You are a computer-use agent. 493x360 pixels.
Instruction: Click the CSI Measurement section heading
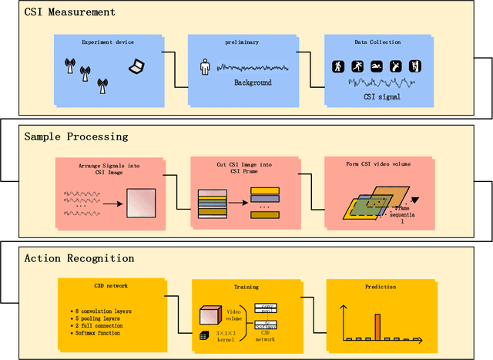tap(69, 12)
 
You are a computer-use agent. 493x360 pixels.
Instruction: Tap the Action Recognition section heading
tap(79, 258)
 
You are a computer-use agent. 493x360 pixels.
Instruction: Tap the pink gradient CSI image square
tap(142, 204)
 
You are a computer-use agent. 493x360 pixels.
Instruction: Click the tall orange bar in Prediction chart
tap(377, 326)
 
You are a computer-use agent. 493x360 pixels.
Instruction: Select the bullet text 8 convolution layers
tap(106, 311)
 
